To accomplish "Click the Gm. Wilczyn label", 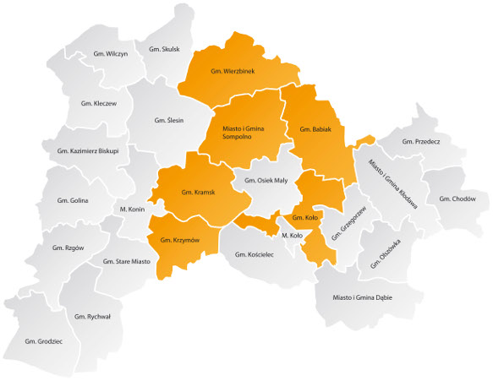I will click(x=111, y=54).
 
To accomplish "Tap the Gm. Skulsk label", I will click(x=164, y=49).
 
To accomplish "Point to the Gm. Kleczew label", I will click(x=99, y=103).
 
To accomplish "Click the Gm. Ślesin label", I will click(x=170, y=121).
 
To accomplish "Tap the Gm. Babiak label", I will click(x=315, y=129).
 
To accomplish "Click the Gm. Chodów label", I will click(x=457, y=199).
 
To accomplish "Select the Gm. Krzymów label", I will click(x=179, y=240).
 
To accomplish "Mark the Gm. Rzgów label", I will click(x=68, y=248).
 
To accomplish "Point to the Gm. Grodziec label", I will click(x=44, y=341).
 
